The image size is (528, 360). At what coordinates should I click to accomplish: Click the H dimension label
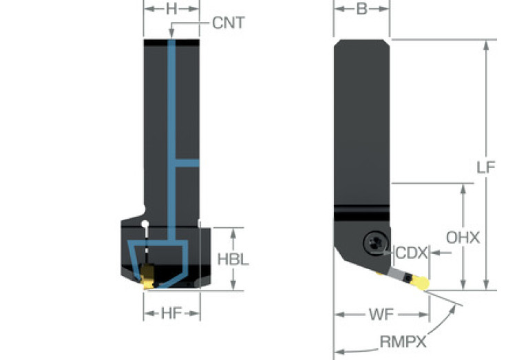coord(171,10)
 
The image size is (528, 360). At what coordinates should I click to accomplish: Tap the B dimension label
coord(361,10)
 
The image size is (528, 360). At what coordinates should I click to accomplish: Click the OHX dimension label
coord(463,237)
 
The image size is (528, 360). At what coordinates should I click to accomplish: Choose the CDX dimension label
coord(409,253)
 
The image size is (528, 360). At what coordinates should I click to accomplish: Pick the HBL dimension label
coord(233,260)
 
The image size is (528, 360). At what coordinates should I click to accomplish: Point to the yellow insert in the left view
coord(147,279)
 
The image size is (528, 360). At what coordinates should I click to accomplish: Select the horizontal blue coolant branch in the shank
coord(187,163)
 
